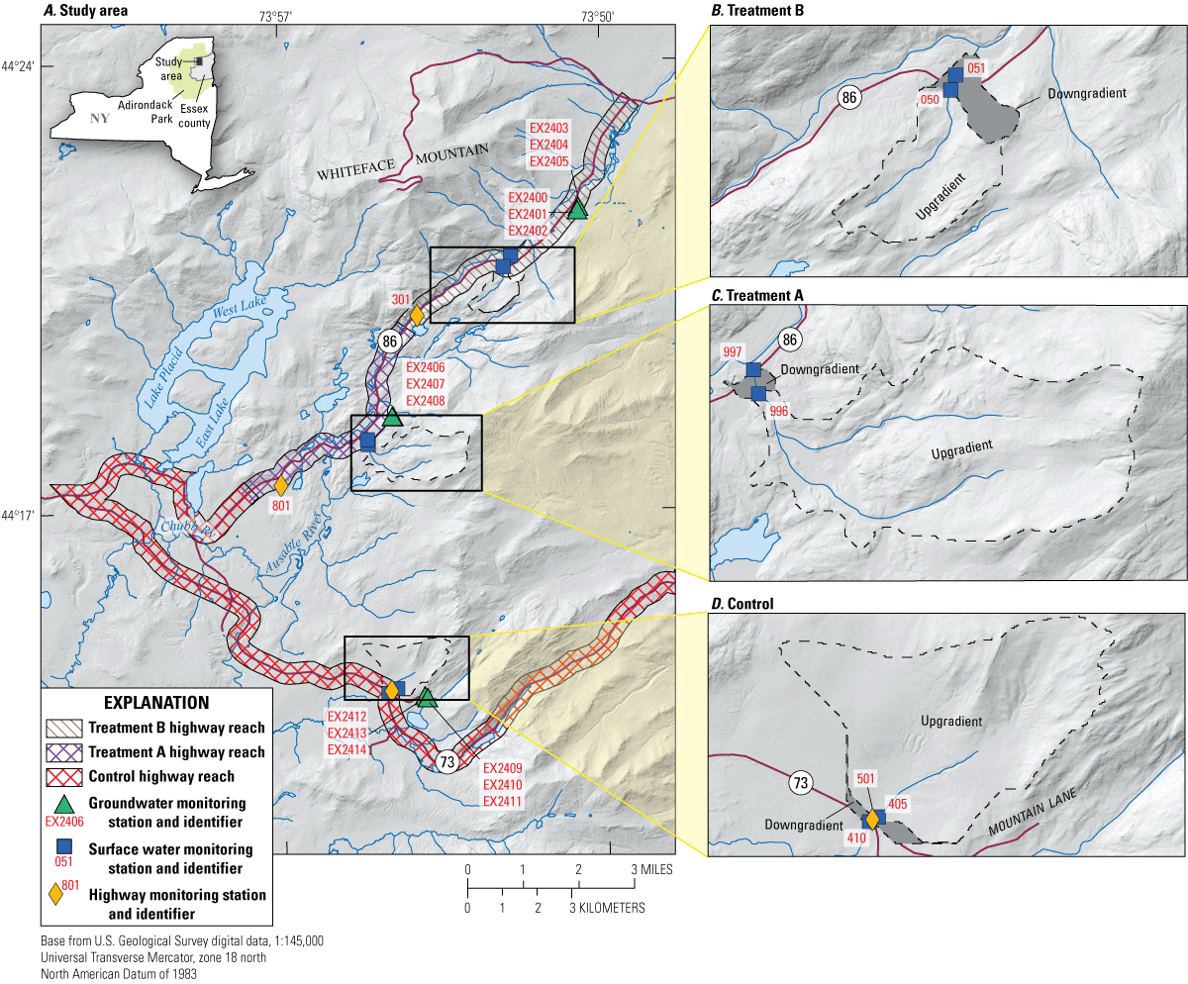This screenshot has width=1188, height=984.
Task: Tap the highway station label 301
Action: coord(400,300)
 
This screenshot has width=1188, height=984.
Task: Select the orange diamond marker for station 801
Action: coord(281,486)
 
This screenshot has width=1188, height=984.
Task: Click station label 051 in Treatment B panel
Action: coord(976,68)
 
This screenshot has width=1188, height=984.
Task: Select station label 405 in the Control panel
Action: coord(898,805)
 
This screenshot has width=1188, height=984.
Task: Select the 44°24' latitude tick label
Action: coord(21,67)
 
